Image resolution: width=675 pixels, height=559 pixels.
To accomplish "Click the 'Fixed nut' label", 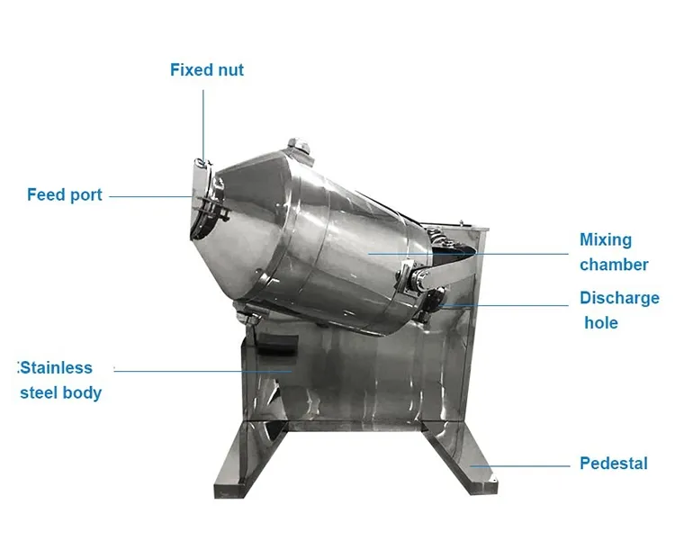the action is coord(207,70).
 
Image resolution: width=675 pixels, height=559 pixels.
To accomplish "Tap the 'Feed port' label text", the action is coord(65,194).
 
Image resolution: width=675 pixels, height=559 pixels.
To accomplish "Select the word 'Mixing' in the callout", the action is coord(606,239).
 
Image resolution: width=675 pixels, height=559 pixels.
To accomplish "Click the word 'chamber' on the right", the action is coord(614,265).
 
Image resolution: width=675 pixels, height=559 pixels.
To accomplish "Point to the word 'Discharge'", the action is coord(619,298).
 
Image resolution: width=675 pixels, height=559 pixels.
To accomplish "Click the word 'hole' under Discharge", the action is coord(601,322).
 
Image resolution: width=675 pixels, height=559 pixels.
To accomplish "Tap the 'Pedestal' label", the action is coord(614,464).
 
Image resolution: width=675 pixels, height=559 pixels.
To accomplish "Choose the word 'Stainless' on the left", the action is coord(56,368).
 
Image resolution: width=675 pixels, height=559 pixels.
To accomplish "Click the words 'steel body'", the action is coord(60,392).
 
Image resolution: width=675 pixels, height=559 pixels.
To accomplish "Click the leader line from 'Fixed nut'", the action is coord(203,125).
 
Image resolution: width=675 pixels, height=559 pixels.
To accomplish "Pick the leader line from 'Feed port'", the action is coord(150,197).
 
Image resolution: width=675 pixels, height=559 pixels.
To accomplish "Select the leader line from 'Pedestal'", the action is coord(519,466).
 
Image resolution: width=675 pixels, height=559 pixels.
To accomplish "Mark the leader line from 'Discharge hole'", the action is coord(505,306).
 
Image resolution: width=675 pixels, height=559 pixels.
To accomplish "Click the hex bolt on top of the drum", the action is coord(299,145).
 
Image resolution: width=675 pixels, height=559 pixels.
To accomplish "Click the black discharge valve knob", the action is coord(435,298).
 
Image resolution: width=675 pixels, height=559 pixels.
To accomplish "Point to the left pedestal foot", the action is coord(248,461).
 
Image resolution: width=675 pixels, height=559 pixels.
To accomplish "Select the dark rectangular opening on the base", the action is coord(277,344).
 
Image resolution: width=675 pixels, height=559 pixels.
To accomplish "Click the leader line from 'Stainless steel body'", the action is coord(202,371).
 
